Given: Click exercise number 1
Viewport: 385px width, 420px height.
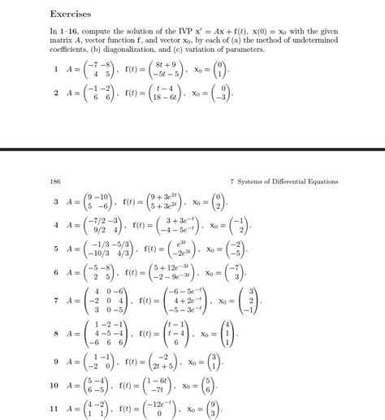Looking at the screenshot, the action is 55,70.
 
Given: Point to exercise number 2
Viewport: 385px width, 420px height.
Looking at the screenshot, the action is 55,93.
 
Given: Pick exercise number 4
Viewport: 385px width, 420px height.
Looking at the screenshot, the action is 55,224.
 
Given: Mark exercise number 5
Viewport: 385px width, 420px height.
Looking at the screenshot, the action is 55,249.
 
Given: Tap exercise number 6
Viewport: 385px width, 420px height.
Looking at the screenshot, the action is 55,273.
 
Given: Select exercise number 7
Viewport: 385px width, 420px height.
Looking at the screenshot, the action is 55,301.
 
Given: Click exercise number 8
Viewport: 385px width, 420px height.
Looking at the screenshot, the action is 55,333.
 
